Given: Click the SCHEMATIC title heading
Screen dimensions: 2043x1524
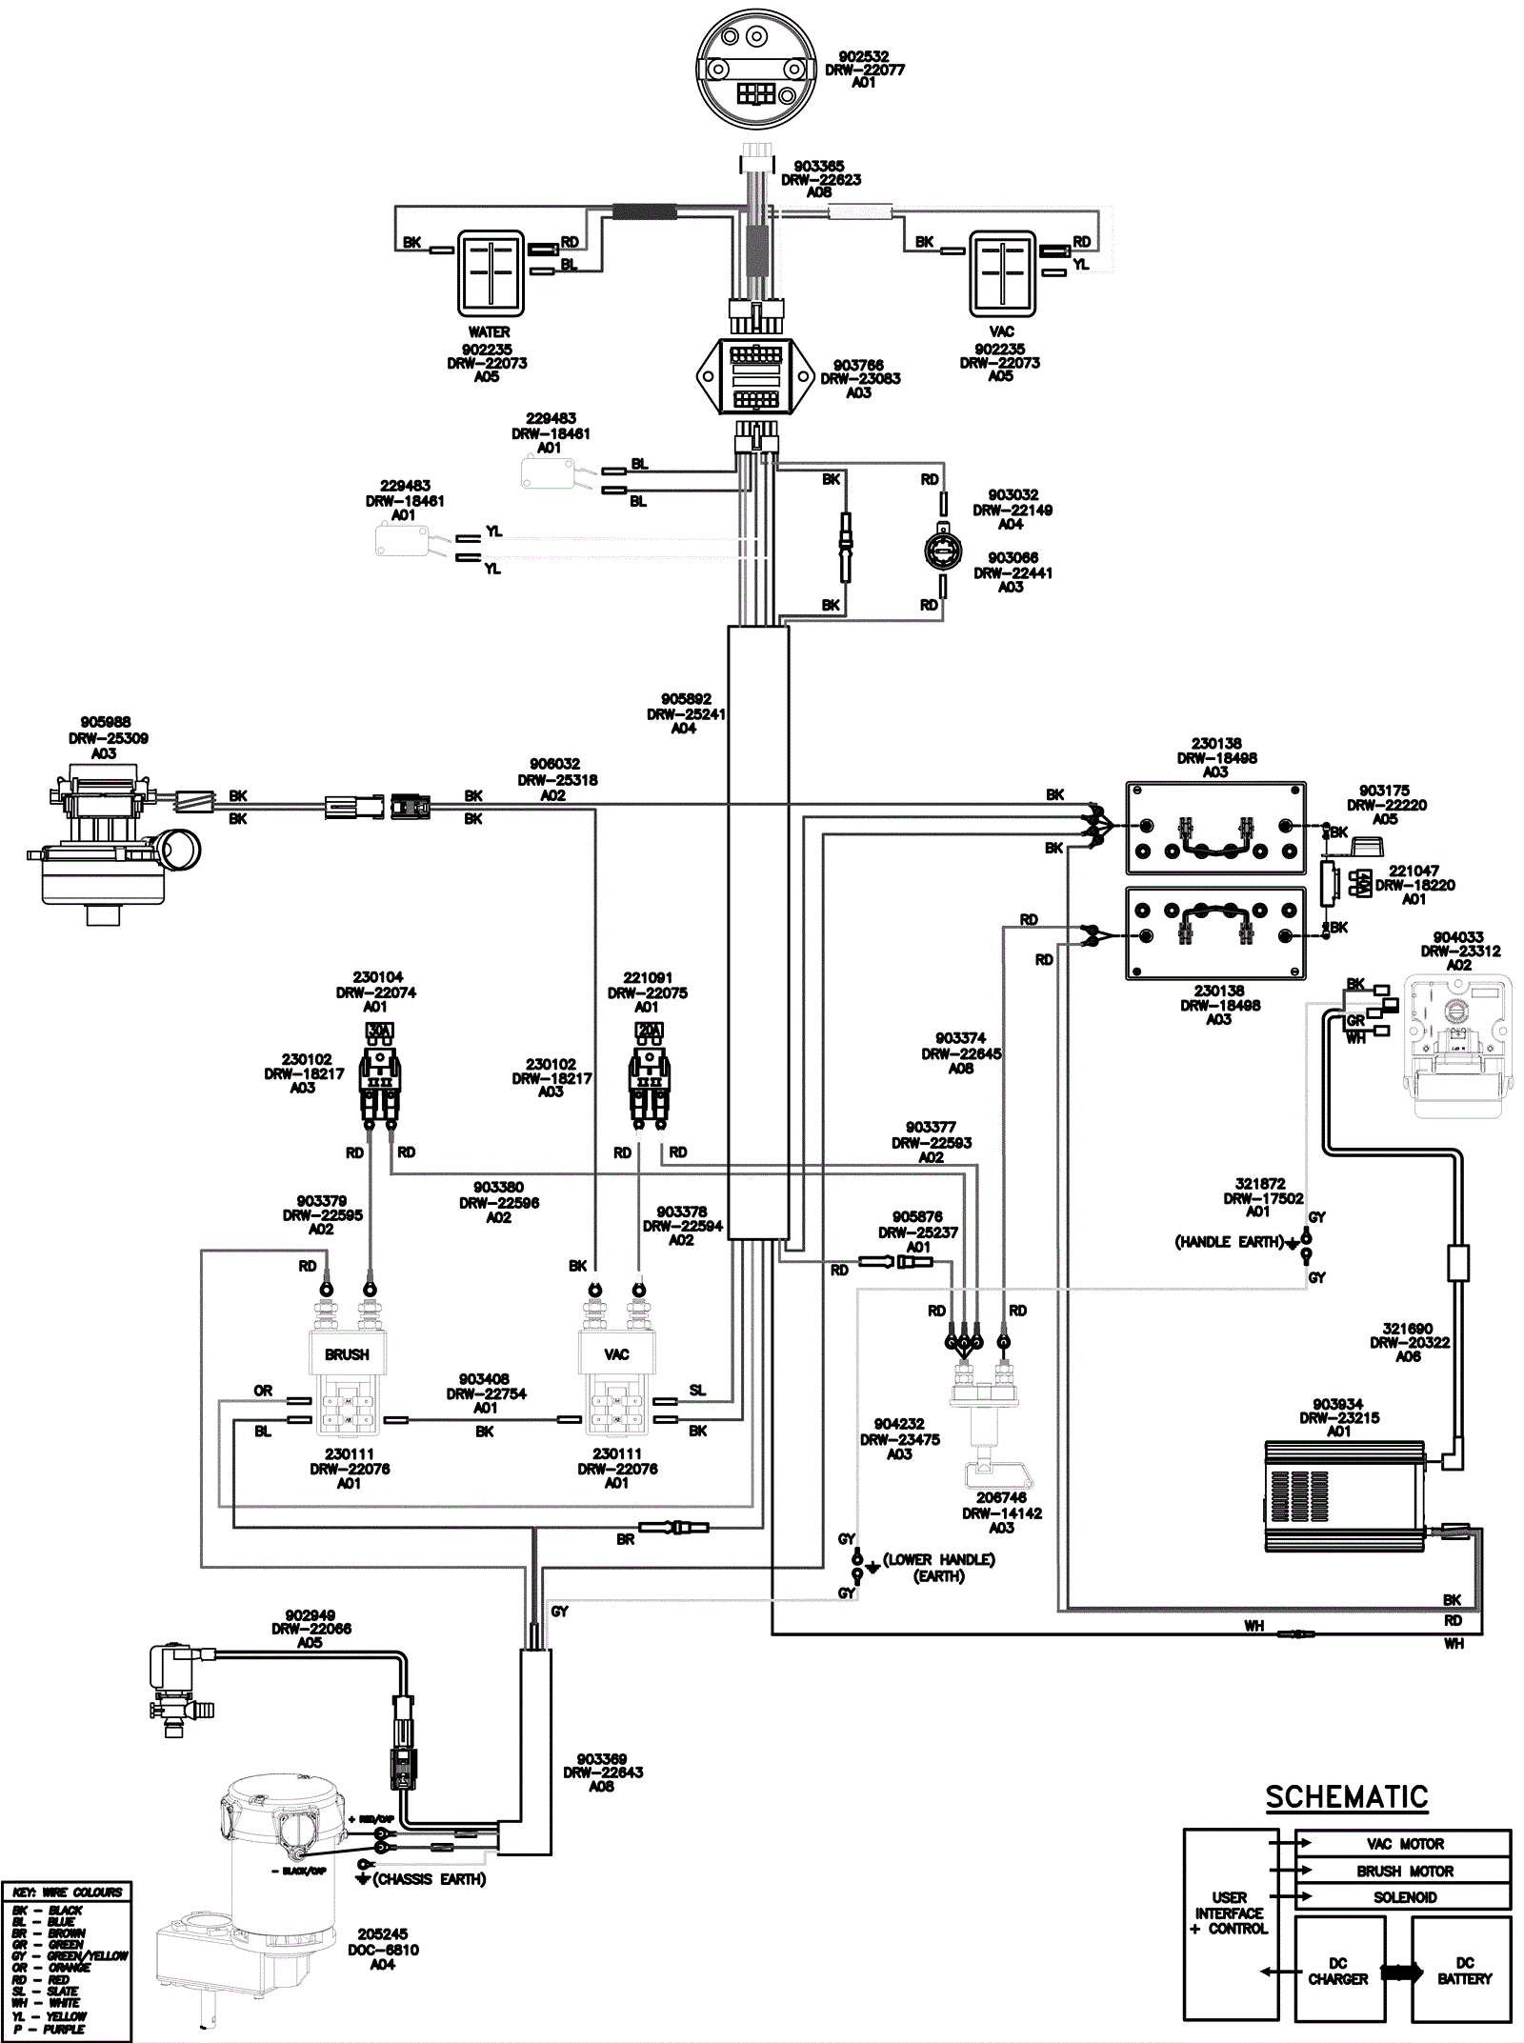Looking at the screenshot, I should (x=1346, y=1797).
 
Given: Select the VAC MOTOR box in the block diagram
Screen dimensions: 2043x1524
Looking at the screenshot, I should (x=1404, y=1844).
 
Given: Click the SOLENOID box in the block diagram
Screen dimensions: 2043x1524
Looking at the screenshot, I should (x=1404, y=1897).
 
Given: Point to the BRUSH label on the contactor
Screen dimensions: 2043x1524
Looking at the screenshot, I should (x=347, y=1354).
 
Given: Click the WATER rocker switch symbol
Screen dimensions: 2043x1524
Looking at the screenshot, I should (x=491, y=272).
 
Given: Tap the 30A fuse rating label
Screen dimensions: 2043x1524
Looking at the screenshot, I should (x=380, y=1031).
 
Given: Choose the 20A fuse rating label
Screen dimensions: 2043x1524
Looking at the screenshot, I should (x=649, y=1031).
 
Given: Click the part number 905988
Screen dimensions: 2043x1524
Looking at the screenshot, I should (x=106, y=722).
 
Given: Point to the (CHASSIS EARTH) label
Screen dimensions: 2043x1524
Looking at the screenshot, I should (x=430, y=1879).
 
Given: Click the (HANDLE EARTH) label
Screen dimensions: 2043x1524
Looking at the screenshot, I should (x=1229, y=1242).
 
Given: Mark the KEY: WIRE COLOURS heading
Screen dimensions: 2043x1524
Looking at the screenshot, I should (x=68, y=1893).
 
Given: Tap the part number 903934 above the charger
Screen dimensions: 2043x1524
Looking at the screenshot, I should (x=1337, y=1404).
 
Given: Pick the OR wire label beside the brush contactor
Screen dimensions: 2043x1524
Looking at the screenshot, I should (x=263, y=1392).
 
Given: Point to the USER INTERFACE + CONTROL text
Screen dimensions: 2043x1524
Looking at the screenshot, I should (x=1229, y=1913).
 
